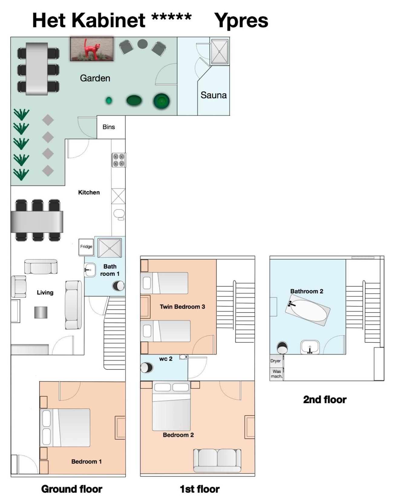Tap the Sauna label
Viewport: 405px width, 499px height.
click(214, 95)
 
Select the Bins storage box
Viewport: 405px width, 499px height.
click(111, 127)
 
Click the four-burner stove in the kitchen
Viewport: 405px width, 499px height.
click(119, 160)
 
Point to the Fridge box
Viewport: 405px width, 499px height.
click(86, 247)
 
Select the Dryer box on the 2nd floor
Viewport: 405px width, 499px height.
click(276, 361)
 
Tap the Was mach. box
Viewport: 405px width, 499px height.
click(276, 374)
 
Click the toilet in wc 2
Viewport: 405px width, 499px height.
click(147, 368)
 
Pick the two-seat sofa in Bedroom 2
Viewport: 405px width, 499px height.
click(217, 460)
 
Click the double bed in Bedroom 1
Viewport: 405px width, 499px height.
click(65, 428)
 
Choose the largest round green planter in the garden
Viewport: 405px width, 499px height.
click(161, 101)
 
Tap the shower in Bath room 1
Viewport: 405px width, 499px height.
click(109, 248)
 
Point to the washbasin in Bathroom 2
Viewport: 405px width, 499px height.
click(310, 347)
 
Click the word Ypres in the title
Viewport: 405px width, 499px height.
click(241, 20)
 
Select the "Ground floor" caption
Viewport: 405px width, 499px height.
click(72, 489)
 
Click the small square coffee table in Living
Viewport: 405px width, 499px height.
click(41, 312)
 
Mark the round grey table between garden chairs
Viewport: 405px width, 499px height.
click(142, 44)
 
